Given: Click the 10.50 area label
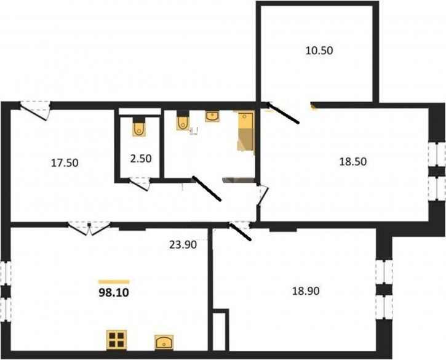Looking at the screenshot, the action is [x=319, y=50].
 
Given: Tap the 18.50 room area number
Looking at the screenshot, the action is [x=353, y=162].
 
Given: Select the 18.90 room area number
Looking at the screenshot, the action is [x=306, y=291].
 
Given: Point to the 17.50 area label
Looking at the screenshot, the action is [x=65, y=163].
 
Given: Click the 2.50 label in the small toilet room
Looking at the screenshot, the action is [x=141, y=159].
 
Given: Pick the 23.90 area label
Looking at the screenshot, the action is [x=183, y=245].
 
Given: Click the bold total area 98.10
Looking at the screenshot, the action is [x=114, y=292].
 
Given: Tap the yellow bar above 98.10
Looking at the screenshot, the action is [x=114, y=282].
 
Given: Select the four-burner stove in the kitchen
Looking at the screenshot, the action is [x=116, y=340].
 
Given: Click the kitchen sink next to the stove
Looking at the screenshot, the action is [x=164, y=342].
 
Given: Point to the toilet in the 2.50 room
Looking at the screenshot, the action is [x=139, y=126].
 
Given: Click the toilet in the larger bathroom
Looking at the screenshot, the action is [x=183, y=121].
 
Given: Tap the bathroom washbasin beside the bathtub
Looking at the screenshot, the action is [x=212, y=116].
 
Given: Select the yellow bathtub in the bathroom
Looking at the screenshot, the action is [x=246, y=132].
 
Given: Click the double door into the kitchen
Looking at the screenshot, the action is [x=89, y=228].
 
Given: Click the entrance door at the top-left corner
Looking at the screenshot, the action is [x=35, y=110].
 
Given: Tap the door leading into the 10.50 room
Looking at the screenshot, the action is [x=283, y=113].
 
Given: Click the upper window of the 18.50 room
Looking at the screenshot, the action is [x=437, y=154].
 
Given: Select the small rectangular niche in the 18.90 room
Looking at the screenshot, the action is [x=220, y=330].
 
